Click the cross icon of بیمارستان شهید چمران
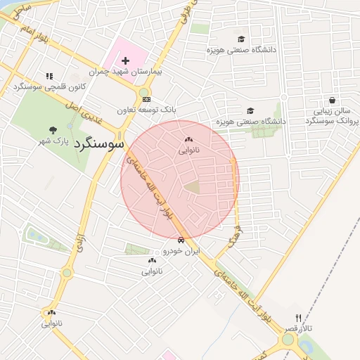[126, 61]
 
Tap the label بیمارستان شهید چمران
[126, 72]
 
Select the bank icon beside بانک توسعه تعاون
[146, 100]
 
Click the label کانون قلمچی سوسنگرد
[49, 86]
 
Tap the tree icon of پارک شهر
[53, 129]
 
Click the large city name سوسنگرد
[97, 143]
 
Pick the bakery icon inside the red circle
[188, 139]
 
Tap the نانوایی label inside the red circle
[188, 150]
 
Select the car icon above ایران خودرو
[181, 239]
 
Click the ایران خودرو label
[181, 250]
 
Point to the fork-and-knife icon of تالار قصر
[298, 319]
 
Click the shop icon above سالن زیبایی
[332, 100]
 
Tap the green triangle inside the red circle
[192, 186]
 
